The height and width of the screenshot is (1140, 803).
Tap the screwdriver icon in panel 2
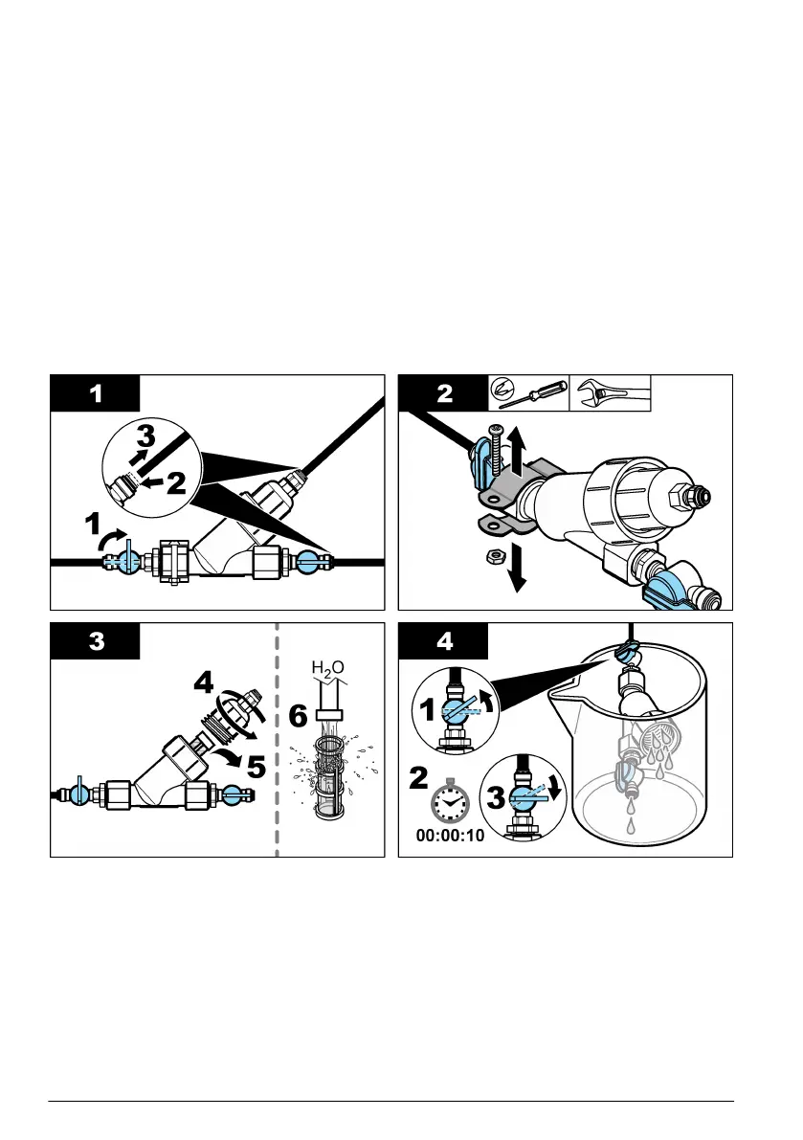point(527,393)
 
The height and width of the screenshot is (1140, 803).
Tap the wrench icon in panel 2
point(610,393)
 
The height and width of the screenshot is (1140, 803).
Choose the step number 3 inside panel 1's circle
point(143,436)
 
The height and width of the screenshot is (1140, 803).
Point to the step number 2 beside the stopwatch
point(419,777)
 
